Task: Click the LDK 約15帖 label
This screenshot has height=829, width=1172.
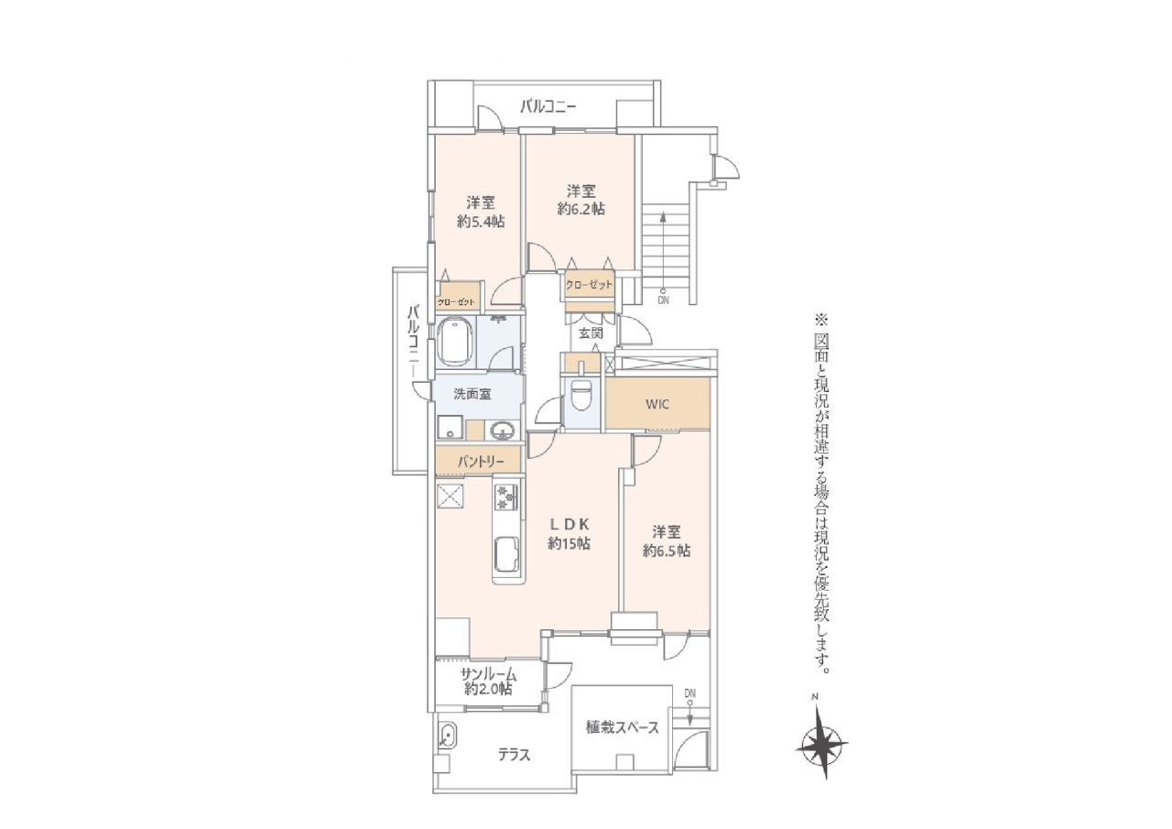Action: tap(570, 534)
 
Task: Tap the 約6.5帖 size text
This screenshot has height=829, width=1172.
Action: tap(667, 551)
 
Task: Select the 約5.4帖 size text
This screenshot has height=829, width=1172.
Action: tap(481, 222)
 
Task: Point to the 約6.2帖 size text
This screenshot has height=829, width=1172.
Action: tap(581, 210)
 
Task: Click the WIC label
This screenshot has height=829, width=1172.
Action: tap(657, 405)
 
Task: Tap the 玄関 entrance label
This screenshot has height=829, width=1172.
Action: tap(591, 333)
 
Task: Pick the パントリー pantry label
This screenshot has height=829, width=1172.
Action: tap(481, 462)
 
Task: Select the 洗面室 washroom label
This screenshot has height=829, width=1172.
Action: tap(472, 394)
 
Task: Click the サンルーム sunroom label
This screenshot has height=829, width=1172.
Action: tap(489, 674)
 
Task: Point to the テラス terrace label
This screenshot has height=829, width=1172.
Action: tap(514, 755)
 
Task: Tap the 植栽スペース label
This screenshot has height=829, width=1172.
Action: tap(622, 727)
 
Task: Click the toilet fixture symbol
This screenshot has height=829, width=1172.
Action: tap(581, 394)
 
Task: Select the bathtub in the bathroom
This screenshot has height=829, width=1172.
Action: tap(455, 344)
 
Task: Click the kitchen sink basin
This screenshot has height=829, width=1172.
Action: tap(507, 556)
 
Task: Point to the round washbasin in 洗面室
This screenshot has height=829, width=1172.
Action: tap(503, 431)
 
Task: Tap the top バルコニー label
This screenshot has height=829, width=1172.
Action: tap(548, 107)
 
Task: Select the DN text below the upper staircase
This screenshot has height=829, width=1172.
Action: tap(663, 300)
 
